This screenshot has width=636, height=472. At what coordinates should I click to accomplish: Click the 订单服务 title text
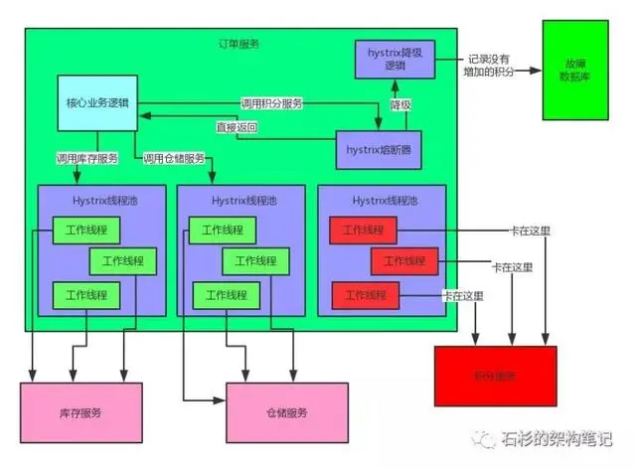point(239,45)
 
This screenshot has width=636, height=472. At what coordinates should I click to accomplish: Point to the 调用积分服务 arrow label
point(271,103)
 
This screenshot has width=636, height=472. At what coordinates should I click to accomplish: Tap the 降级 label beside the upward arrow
point(399,104)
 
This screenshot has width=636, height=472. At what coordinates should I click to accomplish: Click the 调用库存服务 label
point(87,159)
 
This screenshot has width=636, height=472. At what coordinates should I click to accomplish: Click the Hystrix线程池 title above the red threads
point(381,200)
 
